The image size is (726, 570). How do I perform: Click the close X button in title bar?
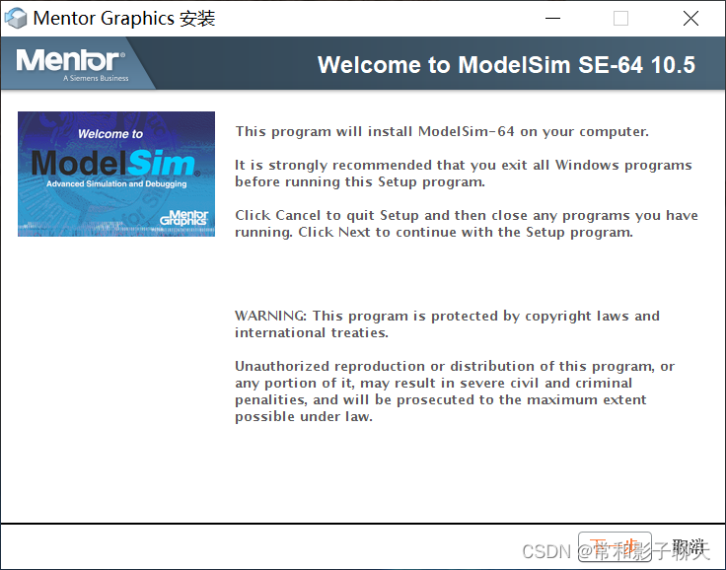pyautogui.click(x=690, y=18)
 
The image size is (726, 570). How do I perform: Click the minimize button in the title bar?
pyautogui.click(x=552, y=18)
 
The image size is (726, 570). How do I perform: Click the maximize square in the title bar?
pyautogui.click(x=620, y=18)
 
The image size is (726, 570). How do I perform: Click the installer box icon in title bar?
pyautogui.click(x=16, y=18)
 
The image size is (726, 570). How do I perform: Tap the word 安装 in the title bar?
pyautogui.click(x=197, y=18)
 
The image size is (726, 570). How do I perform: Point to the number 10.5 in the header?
pyautogui.click(x=674, y=65)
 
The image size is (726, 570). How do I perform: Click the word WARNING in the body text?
pyautogui.click(x=269, y=317)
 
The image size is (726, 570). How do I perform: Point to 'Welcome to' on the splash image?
pyautogui.click(x=110, y=134)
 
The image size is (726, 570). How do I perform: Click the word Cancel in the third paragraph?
pyautogui.click(x=298, y=215)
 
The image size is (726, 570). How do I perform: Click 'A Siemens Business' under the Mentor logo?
pyautogui.click(x=96, y=79)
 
